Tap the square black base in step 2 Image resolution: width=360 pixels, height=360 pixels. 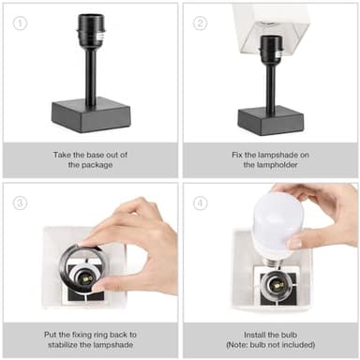coord(269,119)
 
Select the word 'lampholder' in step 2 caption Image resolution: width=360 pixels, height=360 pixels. coord(270,166)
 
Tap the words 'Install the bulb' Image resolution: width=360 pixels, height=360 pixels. coord(270,334)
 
